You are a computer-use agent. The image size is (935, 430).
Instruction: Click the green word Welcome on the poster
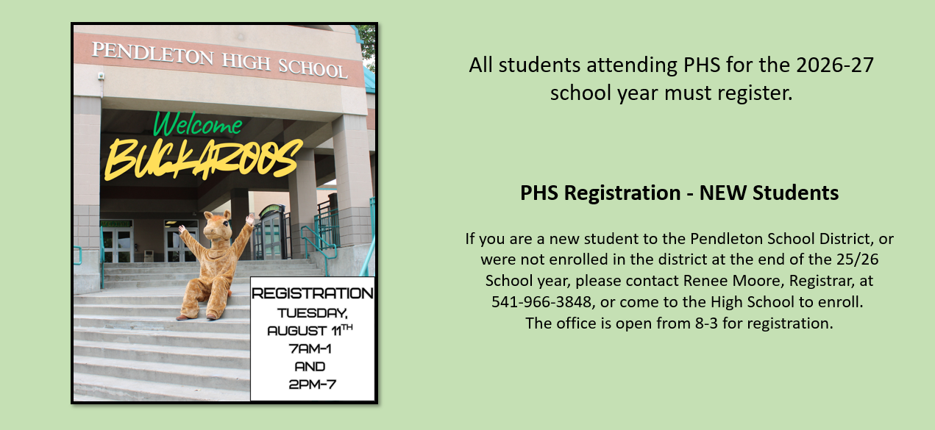coord(198,124)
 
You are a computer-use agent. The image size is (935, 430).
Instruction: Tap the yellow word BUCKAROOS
coord(203,160)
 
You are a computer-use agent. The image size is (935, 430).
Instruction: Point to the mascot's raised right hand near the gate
coord(250,219)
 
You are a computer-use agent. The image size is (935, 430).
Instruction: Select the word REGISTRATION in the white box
coord(312,293)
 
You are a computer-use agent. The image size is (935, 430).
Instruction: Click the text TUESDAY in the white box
coord(312,313)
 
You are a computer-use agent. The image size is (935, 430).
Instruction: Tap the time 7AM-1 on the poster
coord(310,348)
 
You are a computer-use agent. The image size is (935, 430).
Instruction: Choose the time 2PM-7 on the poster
coord(312,384)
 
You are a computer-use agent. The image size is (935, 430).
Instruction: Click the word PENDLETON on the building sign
coord(152,54)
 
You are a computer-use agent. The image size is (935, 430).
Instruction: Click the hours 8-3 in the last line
coord(706,323)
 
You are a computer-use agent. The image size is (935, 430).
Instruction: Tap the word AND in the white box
coord(310,366)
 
